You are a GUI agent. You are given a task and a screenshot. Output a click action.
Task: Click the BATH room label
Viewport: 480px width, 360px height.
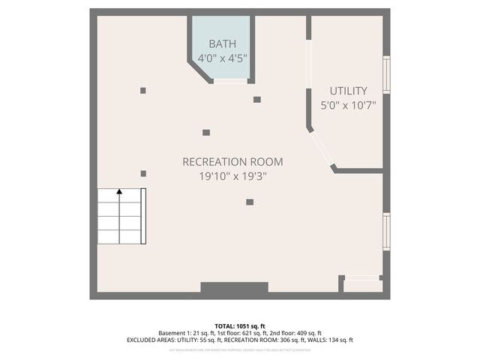point(221,43)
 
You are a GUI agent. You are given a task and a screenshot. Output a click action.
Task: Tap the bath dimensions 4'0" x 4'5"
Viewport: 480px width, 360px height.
point(223,58)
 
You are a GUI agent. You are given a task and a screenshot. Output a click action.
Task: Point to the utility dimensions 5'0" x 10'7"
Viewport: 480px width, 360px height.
point(348,106)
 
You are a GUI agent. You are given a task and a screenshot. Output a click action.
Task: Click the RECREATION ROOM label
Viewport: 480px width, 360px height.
point(232,161)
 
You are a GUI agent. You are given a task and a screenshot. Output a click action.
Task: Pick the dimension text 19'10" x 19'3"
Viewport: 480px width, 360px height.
point(232,176)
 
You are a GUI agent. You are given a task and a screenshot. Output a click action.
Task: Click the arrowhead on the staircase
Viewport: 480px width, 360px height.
point(118,193)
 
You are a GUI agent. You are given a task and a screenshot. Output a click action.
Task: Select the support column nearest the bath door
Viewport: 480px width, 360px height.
point(256,99)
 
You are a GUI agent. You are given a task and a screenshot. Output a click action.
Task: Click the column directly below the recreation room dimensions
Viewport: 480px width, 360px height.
point(250,201)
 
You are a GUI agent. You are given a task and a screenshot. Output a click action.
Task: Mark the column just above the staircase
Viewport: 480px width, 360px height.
point(143,173)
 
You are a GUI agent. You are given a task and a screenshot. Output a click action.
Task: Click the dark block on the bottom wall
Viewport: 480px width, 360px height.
point(234,287)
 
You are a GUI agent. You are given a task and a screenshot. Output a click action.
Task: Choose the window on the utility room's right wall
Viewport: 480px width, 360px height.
point(386,75)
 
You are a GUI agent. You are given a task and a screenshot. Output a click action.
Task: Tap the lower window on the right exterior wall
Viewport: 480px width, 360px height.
point(386,231)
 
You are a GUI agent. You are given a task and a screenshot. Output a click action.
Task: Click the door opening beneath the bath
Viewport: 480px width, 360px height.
point(230,81)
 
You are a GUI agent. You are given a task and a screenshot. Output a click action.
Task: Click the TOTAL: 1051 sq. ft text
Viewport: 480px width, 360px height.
point(240,325)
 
